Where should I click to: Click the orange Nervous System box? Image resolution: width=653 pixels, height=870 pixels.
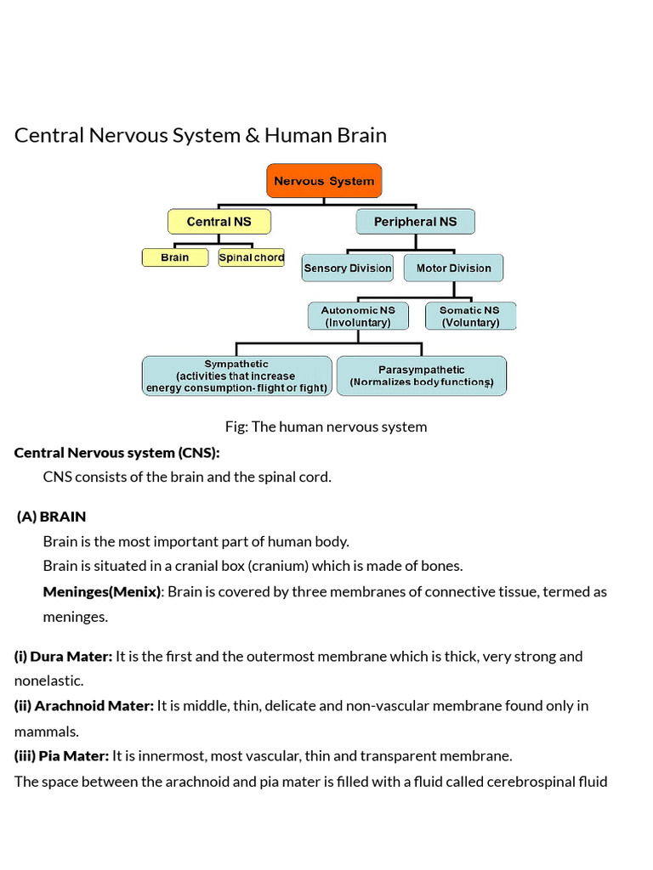[324, 181]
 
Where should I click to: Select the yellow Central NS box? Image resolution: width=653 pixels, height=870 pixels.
[219, 222]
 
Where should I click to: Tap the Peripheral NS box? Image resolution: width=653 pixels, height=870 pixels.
[415, 222]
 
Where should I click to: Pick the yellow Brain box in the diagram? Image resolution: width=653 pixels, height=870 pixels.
[174, 257]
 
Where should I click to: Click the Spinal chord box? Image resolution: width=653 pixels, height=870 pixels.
[251, 257]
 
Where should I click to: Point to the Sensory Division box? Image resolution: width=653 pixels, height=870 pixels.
[348, 268]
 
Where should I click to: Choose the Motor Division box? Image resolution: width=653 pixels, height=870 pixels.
[453, 268]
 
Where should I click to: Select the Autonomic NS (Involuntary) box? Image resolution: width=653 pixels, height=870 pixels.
[357, 316]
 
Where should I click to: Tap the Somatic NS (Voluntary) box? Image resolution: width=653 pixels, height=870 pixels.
[469, 316]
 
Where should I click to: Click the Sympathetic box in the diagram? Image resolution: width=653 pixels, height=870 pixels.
[236, 376]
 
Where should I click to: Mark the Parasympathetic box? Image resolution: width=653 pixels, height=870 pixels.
[421, 376]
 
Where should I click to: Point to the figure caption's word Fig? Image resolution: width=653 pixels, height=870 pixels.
[236, 427]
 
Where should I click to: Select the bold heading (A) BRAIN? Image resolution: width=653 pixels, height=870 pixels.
[51, 517]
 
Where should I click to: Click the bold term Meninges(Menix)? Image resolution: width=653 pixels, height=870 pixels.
[101, 591]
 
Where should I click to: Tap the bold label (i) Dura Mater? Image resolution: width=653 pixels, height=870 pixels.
[63, 656]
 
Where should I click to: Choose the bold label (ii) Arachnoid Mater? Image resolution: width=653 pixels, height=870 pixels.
[84, 705]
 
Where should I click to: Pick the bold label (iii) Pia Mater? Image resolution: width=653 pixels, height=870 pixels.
[61, 755]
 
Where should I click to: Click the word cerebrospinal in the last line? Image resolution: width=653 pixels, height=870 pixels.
[529, 781]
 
